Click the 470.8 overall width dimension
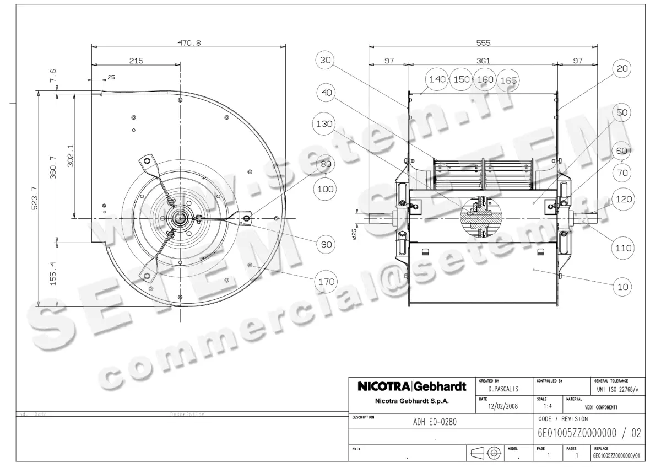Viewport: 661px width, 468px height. pos(188,42)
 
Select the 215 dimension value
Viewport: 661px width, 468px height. pos(136,61)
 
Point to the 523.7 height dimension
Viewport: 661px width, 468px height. pos(35,198)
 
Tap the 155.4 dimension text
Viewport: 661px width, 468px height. pos(53,273)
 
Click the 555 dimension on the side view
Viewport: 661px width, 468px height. pos(483,42)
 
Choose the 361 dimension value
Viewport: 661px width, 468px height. pos(483,61)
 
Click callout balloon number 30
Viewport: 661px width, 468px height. pos(326,61)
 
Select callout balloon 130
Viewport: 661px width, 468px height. pos(324,125)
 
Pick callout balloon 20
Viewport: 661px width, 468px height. pos(622,68)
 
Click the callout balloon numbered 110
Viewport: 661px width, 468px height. pos(623,249)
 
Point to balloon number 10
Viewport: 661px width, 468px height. pos(623,287)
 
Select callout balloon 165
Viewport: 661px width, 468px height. pos(508,80)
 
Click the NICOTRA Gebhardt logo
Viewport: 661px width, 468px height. pos(412,387)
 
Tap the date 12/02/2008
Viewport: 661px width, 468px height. pos(502,406)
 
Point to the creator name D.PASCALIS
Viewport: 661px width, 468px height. pos(502,389)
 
